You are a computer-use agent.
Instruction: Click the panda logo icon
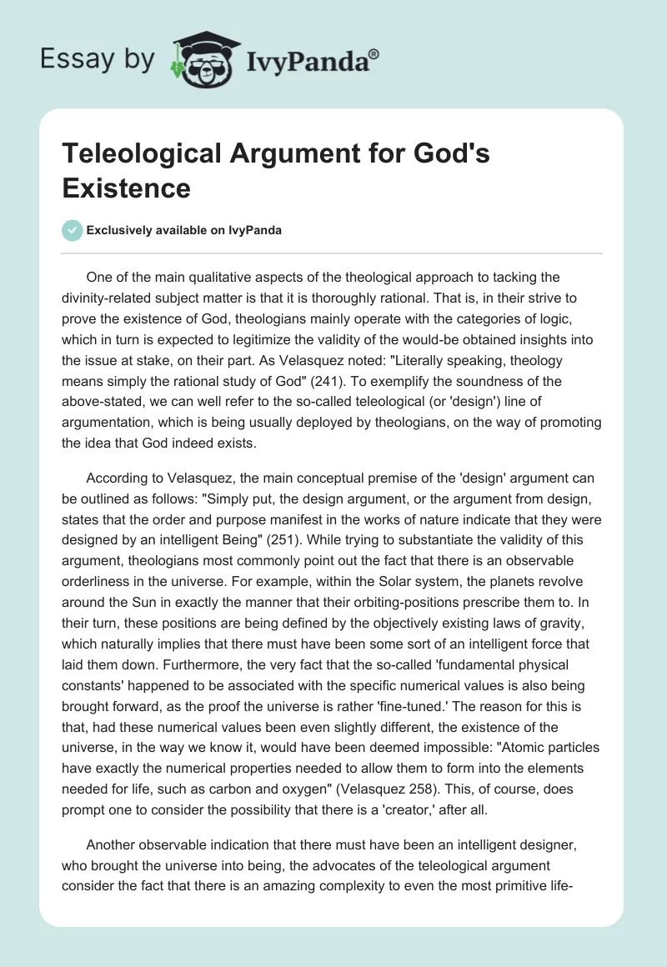199,58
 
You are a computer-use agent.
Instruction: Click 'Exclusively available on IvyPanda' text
183,231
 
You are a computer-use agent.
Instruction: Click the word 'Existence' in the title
126,188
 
